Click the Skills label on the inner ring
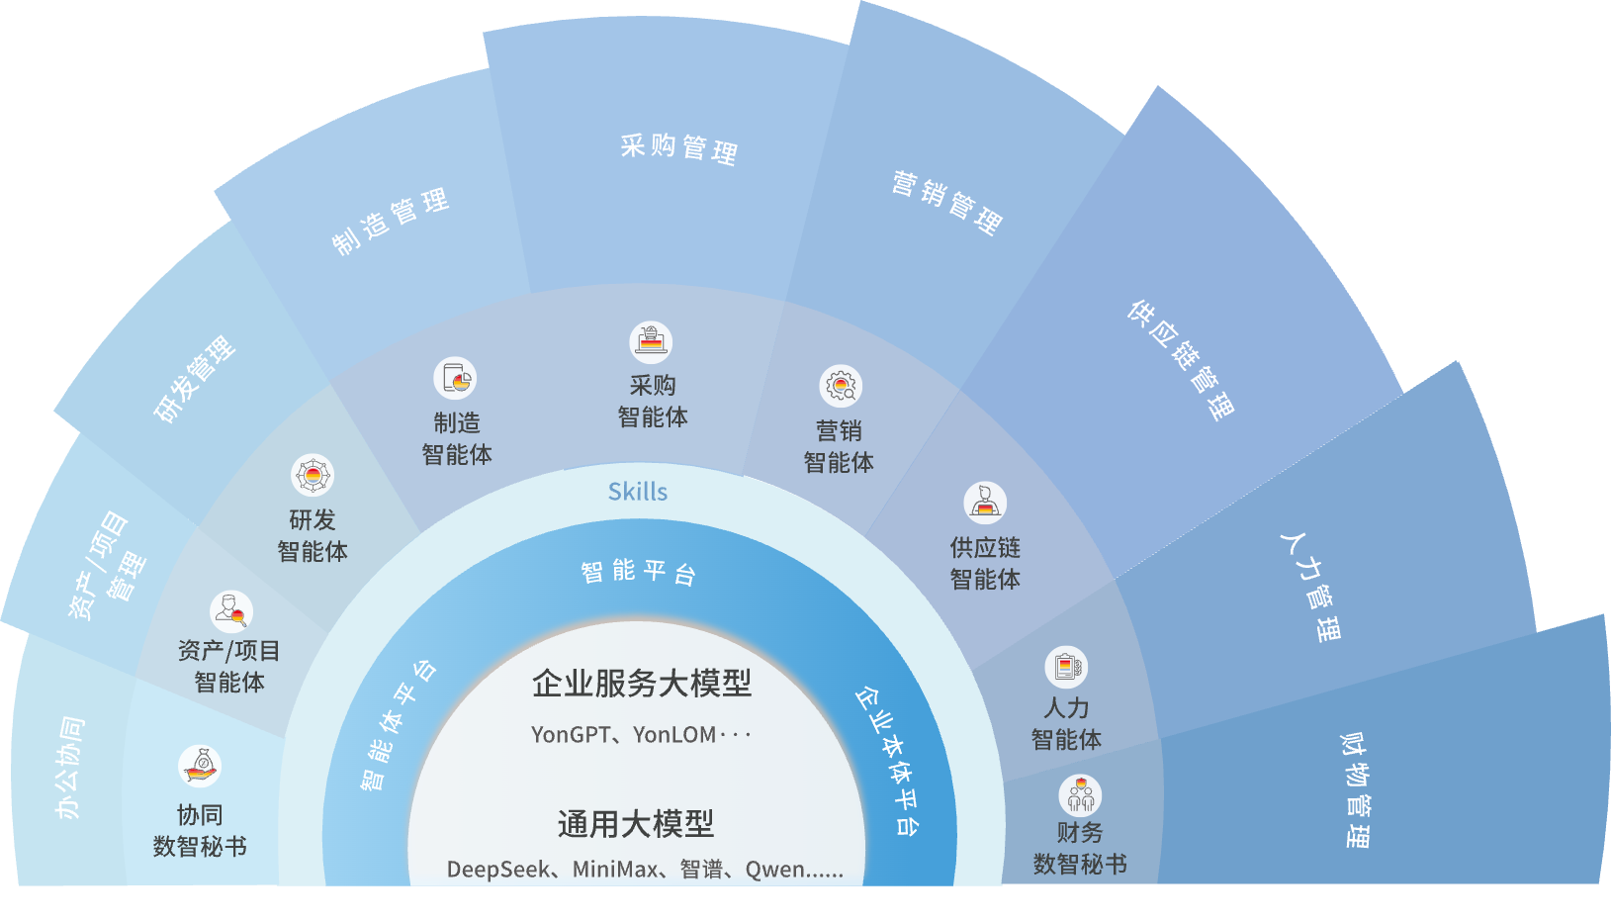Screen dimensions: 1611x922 [638, 492]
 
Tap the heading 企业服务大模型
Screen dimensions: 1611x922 [642, 683]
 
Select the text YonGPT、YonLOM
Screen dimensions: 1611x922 [624, 734]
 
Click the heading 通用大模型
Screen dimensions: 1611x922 [636, 823]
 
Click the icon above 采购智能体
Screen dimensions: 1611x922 [651, 341]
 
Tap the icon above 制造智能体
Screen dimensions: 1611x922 [455, 378]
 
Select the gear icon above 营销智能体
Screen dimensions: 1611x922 [841, 386]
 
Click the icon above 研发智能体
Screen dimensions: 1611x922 [313, 476]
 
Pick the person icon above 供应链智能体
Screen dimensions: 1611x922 [985, 503]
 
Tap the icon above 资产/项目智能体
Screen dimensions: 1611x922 [230, 612]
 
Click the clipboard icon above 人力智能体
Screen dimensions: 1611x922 [1066, 667]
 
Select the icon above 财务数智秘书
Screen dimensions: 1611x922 [1080, 795]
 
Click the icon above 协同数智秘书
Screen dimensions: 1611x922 [200, 767]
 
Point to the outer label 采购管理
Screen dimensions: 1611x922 [679, 148]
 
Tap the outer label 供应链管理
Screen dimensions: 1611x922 [1181, 359]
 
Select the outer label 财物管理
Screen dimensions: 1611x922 [1356, 790]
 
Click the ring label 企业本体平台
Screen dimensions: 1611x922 [887, 761]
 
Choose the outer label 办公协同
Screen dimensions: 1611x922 [69, 768]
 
